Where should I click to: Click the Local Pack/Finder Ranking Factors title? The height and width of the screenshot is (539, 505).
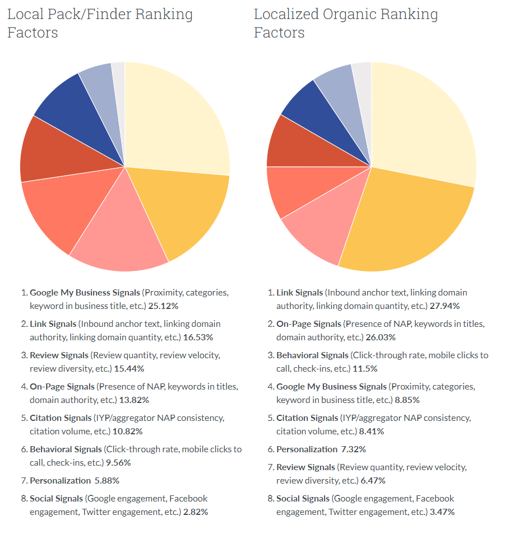click(100, 23)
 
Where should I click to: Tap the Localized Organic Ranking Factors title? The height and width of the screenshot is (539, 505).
click(346, 23)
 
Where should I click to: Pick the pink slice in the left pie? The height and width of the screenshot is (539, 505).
click(118, 235)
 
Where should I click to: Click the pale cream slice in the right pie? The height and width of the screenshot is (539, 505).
click(420, 123)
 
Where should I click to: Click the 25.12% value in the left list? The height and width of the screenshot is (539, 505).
click(163, 306)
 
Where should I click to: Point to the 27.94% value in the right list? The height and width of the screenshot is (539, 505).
click(444, 306)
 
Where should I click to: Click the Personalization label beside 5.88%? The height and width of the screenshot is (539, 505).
click(60, 480)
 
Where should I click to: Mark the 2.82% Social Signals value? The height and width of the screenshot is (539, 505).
click(196, 512)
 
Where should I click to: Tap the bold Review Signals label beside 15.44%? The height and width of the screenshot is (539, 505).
click(59, 355)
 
